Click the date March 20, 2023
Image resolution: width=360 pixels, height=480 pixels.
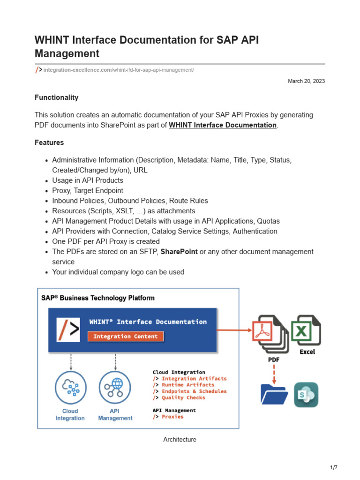pos(306,81)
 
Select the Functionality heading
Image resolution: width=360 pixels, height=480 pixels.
pos(56,97)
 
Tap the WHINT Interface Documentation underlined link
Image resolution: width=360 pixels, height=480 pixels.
pos(222,125)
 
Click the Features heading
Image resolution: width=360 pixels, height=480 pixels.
pos(49,142)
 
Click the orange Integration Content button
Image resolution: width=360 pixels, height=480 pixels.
pos(126,336)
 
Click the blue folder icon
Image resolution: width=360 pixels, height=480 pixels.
pos(274,394)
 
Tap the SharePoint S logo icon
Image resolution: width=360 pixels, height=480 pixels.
pos(306,394)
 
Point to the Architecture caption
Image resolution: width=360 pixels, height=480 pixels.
pos(180,440)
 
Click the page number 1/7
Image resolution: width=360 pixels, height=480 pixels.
pos(334,467)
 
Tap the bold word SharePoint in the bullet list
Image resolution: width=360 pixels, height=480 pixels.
pos(179,252)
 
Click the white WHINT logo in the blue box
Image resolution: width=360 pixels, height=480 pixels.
pos(68,330)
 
